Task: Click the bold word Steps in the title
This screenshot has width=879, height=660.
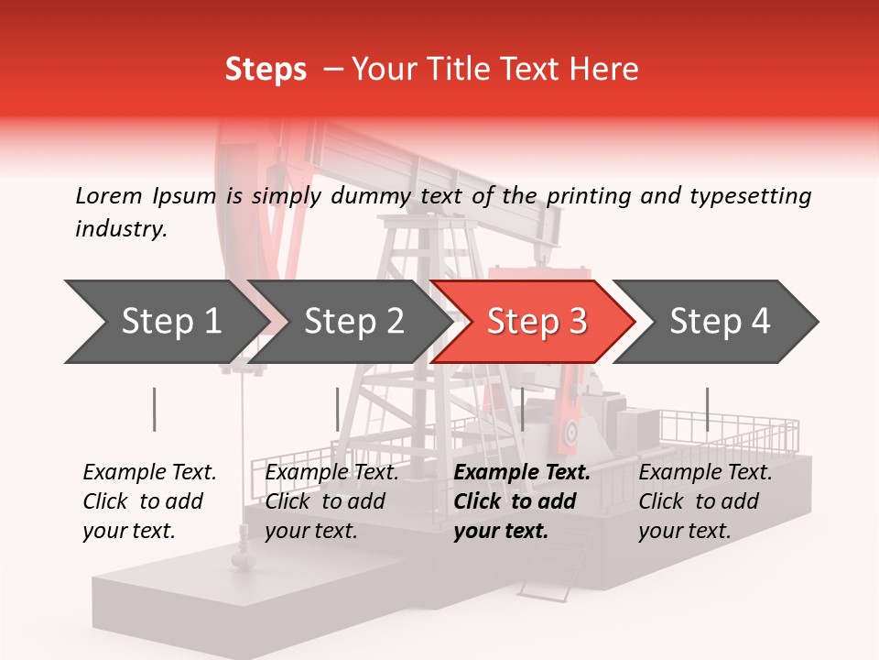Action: pyautogui.click(x=266, y=69)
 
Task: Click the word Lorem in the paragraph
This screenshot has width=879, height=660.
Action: pyautogui.click(x=108, y=195)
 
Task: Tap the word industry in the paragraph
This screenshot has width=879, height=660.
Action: pyautogui.click(x=121, y=229)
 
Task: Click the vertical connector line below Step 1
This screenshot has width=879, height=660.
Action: pyautogui.click(x=155, y=409)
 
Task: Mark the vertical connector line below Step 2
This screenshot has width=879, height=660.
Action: pyautogui.click(x=338, y=409)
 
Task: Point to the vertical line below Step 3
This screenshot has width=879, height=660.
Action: pyautogui.click(x=522, y=409)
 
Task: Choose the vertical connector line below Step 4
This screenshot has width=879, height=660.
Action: pyautogui.click(x=707, y=409)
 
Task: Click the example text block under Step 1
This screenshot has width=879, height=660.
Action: pyautogui.click(x=149, y=501)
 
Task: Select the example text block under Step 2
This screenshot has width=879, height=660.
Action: pyautogui.click(x=331, y=501)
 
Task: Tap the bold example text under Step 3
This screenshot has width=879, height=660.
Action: pyautogui.click(x=521, y=501)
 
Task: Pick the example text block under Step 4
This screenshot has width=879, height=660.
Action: pyautogui.click(x=705, y=501)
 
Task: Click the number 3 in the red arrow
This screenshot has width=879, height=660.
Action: pyautogui.click(x=577, y=322)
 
